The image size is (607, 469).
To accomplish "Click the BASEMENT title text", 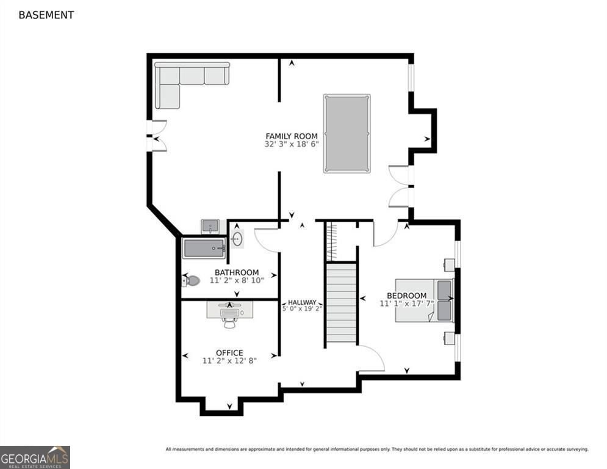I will [x=46, y=15].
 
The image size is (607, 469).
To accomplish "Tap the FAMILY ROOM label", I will [x=291, y=136].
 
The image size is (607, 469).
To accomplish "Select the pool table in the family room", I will [x=347, y=133].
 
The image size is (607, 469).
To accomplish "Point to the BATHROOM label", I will [x=236, y=272].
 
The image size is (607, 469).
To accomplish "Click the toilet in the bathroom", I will [x=192, y=281].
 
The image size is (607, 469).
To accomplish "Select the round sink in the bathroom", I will [x=237, y=238].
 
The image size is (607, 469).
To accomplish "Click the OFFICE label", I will [x=229, y=352].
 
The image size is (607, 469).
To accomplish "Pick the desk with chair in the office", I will [x=229, y=313].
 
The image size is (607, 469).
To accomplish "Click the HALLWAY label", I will [x=302, y=302].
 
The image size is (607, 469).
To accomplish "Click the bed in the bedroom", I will [x=423, y=300].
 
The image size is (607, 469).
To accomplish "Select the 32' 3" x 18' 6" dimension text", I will [x=292, y=145].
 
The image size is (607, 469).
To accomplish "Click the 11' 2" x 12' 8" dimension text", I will [x=229, y=361].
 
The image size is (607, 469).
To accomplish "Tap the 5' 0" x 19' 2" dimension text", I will [x=302, y=309].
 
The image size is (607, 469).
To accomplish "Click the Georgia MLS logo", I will [x=35, y=457].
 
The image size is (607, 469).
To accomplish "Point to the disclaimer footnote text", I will [x=376, y=449].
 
